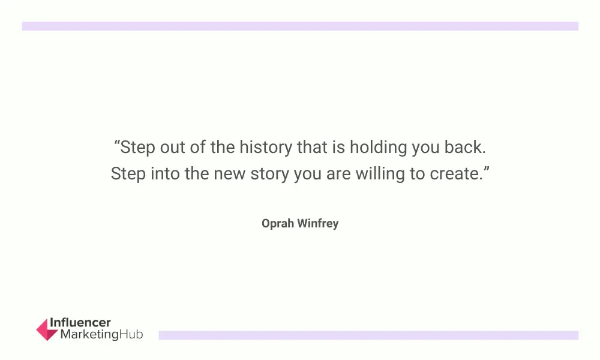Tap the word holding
pos(379,148)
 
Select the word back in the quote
pos(465,147)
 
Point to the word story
pos(270,174)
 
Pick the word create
pos(455,174)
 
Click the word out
pos(173,148)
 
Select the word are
pos(338,175)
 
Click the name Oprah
pos(278,223)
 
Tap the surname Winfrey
pos(318,223)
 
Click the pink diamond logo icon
pos(47,329)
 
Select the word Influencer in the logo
pos(80,323)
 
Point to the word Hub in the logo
pos(131,334)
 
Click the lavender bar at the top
pos(300,26)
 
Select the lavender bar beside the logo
pos(368,335)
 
